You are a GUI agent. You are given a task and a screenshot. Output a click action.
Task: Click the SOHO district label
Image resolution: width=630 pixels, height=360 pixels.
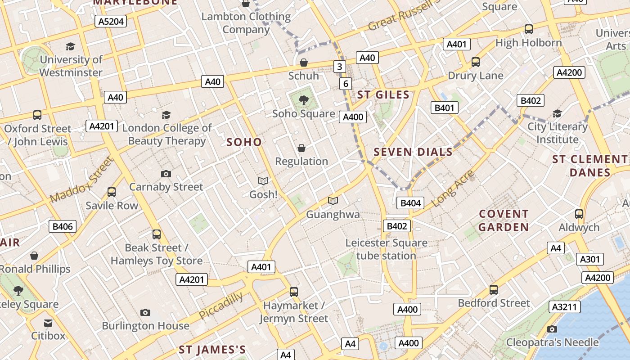[244, 142]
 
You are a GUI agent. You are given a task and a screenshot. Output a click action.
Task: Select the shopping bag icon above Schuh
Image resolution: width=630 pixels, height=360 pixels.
[304, 63]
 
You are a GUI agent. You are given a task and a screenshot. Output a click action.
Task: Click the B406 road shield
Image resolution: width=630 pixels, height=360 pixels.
[63, 226]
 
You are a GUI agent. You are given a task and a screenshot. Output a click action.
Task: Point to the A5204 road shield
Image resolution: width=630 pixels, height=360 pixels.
[110, 21]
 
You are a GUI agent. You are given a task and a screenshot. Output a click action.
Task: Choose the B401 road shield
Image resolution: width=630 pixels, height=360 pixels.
[445, 108]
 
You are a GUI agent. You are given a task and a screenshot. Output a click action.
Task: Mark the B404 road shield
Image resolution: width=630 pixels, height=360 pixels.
[410, 203]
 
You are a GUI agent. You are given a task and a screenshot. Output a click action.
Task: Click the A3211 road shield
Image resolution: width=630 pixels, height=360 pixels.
[564, 307]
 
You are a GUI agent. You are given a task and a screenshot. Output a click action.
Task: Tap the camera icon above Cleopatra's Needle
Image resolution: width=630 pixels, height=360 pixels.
[552, 329]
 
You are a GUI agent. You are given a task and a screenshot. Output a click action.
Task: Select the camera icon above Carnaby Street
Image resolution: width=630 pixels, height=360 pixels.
[166, 174]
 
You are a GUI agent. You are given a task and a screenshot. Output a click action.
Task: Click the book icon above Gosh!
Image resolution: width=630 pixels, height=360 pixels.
[263, 181]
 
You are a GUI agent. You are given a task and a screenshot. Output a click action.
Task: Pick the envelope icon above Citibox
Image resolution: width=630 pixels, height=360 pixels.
[48, 323]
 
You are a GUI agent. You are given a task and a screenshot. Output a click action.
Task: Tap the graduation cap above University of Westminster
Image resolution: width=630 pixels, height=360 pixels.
[70, 46]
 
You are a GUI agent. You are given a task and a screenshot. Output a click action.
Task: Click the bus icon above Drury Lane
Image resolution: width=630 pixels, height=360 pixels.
[475, 62]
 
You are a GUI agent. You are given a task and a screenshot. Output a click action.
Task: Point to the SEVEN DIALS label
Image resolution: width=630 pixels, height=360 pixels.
[413, 152]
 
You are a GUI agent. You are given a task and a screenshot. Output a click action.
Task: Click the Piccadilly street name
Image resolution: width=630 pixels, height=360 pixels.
[221, 305]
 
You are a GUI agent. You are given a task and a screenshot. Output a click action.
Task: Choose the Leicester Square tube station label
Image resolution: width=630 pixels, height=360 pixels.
[386, 249]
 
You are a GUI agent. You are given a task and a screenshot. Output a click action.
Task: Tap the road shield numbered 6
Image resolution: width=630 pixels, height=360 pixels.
[346, 83]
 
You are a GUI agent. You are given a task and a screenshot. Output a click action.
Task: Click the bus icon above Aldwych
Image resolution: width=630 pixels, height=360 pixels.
[579, 214]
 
